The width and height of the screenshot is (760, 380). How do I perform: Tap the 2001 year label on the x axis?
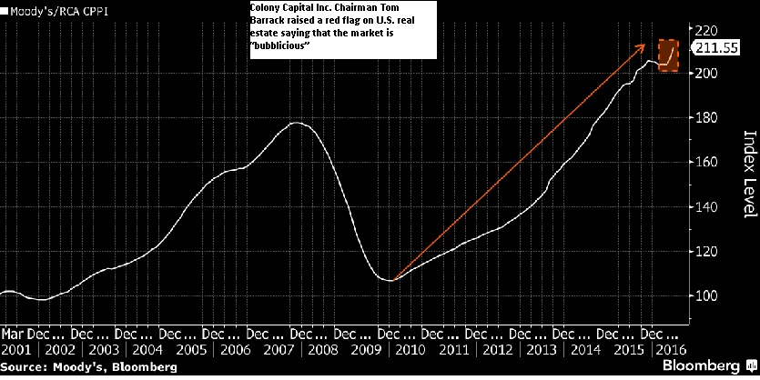pos(15,349)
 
